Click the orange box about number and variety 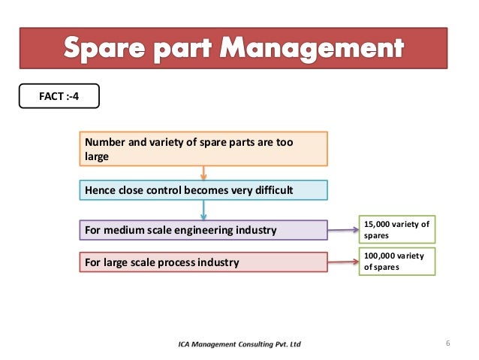[x=203, y=149]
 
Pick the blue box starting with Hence [x=203, y=190]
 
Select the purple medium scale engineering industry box [x=203, y=229]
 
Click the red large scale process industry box [x=203, y=262]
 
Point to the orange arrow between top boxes [x=203, y=173]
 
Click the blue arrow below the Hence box [x=203, y=210]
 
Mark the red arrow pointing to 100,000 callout [x=343, y=262]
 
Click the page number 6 [x=447, y=344]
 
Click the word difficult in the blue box [x=270, y=190]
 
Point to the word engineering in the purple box [x=196, y=229]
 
